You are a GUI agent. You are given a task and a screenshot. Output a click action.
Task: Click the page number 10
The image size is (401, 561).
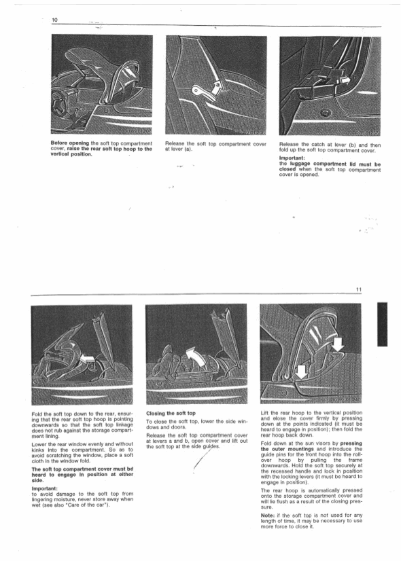coord(55,20)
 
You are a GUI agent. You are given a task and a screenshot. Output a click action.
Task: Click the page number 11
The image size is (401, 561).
coord(359,290)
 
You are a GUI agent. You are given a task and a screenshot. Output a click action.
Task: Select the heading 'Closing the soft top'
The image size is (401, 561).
coord(171,413)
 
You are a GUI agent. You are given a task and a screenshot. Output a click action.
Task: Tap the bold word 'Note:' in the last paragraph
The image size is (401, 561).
coord(268,515)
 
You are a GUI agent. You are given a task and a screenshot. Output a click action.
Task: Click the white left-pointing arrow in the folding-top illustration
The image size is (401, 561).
coord(88,358)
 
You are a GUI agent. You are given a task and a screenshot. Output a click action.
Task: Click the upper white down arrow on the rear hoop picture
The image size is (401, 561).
coord(338,344)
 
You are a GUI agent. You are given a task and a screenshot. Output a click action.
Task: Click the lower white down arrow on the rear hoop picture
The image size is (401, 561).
coord(302,372)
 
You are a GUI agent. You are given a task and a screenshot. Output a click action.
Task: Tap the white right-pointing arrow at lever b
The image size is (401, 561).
coord(345,82)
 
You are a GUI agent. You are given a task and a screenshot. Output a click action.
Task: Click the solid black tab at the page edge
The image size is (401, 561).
coord(382,324)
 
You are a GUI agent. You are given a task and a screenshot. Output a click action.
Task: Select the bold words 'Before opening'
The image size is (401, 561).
coord(70,143)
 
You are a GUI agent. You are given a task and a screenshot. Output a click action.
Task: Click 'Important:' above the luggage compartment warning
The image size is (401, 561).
coord(292,158)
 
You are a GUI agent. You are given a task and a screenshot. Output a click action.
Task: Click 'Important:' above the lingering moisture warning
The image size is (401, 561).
coord(44,488)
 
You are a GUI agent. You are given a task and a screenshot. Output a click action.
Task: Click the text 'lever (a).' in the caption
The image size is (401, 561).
coord(179,149)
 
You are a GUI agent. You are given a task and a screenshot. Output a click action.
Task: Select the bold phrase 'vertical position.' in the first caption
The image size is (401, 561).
coord(71,154)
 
